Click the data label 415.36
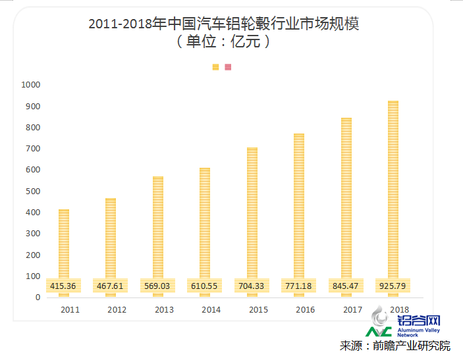coord(64,286)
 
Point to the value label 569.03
coord(158,286)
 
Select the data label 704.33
coord(252,286)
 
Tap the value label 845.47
coord(346,286)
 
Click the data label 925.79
coord(393,286)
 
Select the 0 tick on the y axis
coord(38,297)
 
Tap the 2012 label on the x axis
coord(117,309)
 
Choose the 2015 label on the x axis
coord(258,309)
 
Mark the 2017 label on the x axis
coord(352,309)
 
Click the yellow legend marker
coord(215,67)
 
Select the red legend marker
coord(228,67)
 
